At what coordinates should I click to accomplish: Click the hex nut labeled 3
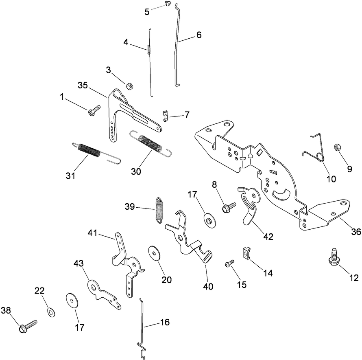tap(127, 86)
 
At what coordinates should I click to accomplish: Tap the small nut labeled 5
tap(167, 4)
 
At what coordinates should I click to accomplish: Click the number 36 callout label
tap(356, 232)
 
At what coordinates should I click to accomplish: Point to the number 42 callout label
tap(268, 236)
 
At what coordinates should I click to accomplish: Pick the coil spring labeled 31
tap(89, 150)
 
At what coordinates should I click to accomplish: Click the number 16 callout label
tap(164, 323)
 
